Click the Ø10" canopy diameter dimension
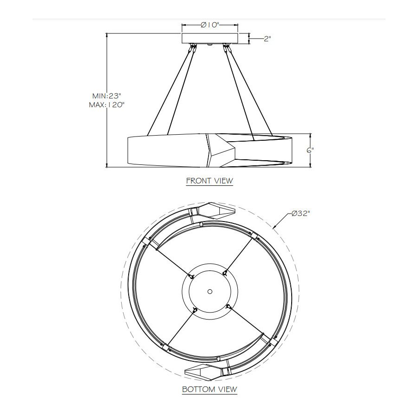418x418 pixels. tap(210, 25)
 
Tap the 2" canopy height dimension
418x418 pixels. tap(267, 39)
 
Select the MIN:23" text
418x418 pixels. tap(107, 96)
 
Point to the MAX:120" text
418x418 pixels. tap(107, 105)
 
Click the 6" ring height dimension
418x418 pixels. tap(310, 150)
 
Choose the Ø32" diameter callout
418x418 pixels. tap(301, 214)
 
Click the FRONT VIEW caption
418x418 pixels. tap(209, 181)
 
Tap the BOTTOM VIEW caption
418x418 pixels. tap(209, 389)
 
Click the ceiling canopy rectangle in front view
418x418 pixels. tap(210, 38)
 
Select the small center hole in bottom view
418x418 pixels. tap(210, 291)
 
